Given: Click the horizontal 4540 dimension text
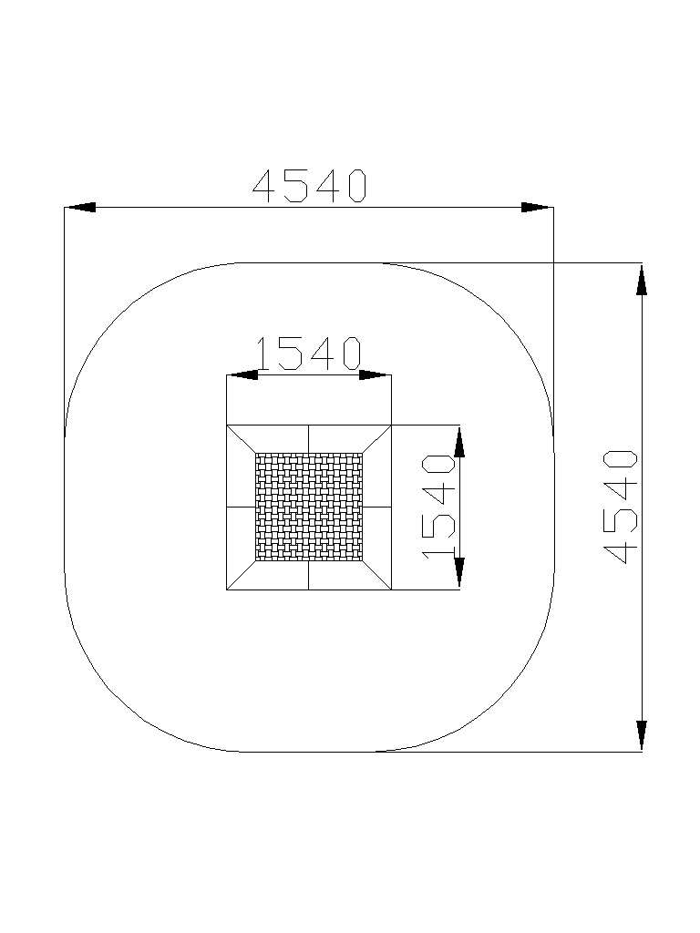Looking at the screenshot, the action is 310,186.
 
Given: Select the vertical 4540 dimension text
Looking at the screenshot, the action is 620,507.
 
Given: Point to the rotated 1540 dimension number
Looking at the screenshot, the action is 438,507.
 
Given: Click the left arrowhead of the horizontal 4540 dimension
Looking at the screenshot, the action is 80,207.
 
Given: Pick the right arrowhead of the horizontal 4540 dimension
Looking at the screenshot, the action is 538,207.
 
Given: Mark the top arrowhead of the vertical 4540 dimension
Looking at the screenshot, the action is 642,279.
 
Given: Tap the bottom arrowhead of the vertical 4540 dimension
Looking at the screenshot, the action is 642,736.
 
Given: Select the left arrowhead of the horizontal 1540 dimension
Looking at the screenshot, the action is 242,374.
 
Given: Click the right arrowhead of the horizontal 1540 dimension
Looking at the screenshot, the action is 376,374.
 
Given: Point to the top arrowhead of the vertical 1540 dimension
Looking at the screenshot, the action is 459,441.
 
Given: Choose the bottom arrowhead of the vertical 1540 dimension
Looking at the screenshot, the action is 459,574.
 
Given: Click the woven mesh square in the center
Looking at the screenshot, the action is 309,507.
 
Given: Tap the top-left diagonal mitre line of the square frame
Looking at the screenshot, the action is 241,439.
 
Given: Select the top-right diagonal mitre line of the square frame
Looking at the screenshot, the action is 376,439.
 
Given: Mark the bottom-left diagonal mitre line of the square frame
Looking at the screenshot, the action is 241,576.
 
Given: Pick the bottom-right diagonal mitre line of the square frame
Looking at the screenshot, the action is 376,576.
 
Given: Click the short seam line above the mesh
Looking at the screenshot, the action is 308,439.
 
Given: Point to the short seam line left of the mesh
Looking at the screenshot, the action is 241,508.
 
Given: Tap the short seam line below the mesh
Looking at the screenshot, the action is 308,576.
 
